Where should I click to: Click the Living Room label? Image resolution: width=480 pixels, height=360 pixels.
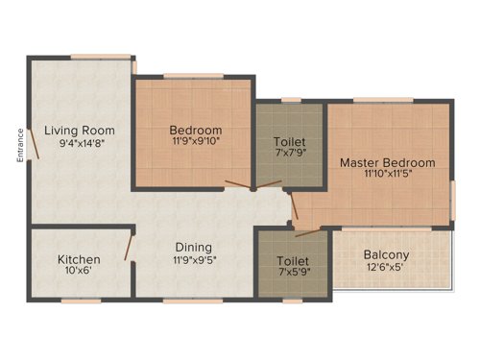pos(79,131)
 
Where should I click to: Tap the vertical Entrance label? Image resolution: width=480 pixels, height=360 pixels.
pos(19,145)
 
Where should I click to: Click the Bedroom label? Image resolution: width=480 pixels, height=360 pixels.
pos(196,131)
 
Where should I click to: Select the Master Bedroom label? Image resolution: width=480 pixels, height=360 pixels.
pos(387,162)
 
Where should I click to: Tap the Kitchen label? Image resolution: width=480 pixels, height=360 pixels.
pos(78,259)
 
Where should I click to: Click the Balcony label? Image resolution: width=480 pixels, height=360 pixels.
pos(387,255)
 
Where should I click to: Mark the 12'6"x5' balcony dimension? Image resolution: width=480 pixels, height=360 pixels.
pos(387,270)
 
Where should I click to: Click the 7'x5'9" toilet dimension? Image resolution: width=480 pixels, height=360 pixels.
pos(292,274)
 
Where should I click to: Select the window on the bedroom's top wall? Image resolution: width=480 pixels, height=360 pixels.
pos(192,76)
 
